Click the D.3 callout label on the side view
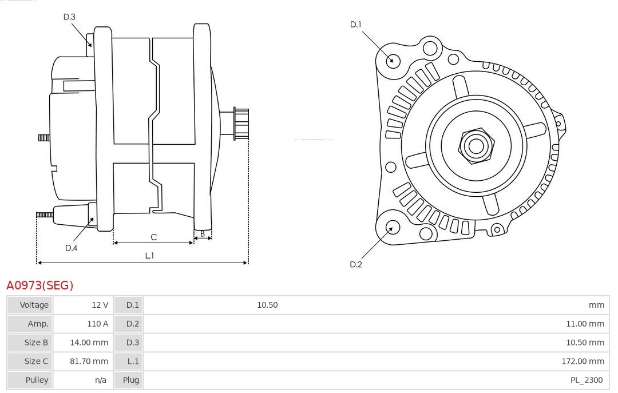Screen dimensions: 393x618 (x=69, y=17)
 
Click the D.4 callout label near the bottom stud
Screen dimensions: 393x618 (x=71, y=248)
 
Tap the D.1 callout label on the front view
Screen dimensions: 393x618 (x=356, y=24)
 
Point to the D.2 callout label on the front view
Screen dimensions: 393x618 (x=356, y=264)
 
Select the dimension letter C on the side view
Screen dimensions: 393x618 (x=153, y=237)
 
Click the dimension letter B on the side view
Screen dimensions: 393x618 (x=202, y=233)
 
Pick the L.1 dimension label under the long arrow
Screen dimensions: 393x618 (x=149, y=256)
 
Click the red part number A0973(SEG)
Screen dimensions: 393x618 (x=40, y=285)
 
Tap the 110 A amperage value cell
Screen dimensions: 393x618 (x=97, y=324)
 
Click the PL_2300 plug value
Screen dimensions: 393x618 (x=587, y=380)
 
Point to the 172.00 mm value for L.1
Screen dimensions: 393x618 (x=583, y=361)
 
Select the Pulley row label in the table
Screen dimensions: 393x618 (x=37, y=380)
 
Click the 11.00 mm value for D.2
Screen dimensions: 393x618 (x=585, y=324)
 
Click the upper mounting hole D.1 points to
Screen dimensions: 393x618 (x=393, y=59)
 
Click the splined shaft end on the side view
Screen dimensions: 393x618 (x=241, y=123)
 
